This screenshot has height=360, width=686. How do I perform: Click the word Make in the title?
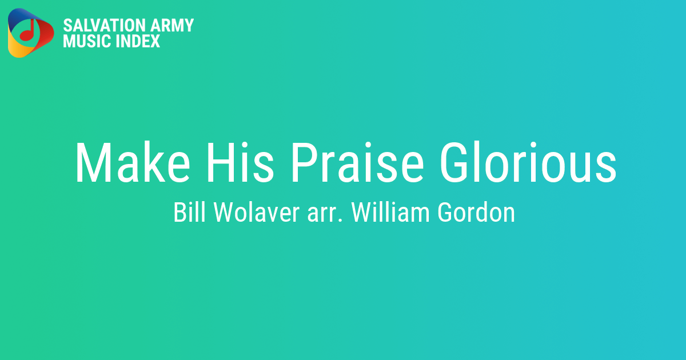[133, 162]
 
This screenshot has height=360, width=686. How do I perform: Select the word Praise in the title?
[358, 162]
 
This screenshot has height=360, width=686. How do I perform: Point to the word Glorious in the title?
[528, 162]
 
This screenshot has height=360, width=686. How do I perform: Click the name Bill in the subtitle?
[189, 212]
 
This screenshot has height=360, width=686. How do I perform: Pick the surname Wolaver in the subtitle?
[256, 212]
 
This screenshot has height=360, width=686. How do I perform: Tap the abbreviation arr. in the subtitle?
[325, 214]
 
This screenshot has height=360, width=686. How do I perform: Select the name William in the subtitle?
[390, 212]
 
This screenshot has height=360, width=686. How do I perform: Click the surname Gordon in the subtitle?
[476, 212]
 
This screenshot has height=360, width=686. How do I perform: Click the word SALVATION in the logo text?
[104, 25]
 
